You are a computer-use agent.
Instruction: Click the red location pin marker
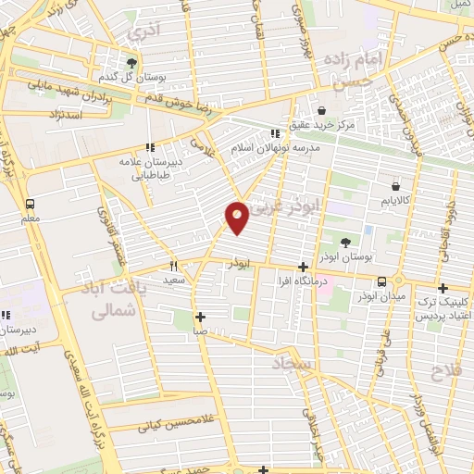pos(237,216)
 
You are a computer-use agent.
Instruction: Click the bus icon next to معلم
pos(30,204)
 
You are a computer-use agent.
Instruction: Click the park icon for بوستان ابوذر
pos(345,243)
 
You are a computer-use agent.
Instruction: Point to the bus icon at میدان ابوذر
pos(380,281)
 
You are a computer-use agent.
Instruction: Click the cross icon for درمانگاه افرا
pos(303,267)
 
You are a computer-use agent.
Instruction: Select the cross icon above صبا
pos(200,317)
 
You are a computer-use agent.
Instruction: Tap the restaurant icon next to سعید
pos(173,264)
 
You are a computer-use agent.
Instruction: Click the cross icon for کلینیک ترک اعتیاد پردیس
pos(443,288)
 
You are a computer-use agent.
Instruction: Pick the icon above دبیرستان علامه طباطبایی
pos(149,147)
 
